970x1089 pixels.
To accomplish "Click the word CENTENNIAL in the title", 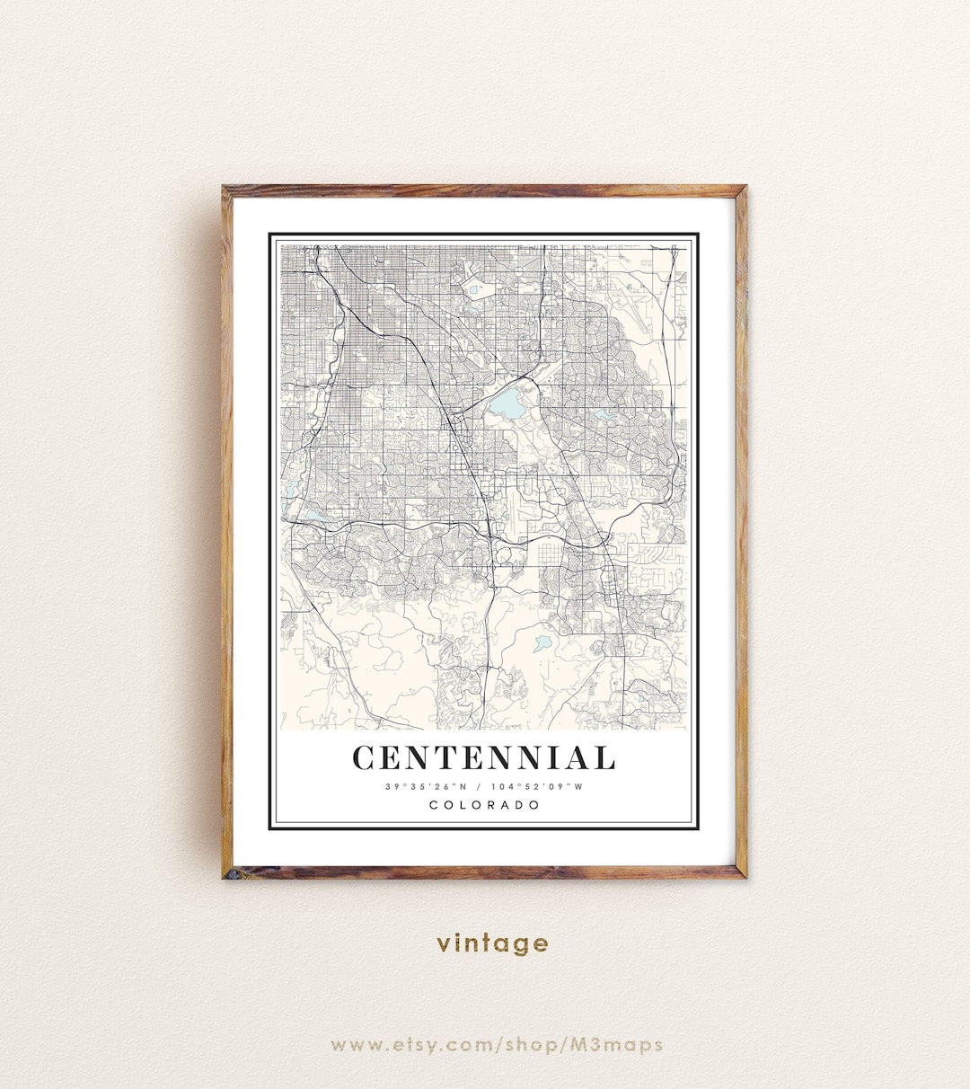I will click(484, 758).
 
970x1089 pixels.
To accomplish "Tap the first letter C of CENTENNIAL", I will click(363, 758).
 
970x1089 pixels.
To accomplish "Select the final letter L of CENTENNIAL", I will click(604, 758).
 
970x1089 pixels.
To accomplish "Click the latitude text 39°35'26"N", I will click(427, 787).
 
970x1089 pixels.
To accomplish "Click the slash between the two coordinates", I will click(483, 787).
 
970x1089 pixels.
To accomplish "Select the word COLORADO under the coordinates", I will click(485, 805).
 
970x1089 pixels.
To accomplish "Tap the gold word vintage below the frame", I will click(492, 943).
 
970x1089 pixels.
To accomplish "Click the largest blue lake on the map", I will click(508, 405).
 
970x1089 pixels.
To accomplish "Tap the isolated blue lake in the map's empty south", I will click(542, 643).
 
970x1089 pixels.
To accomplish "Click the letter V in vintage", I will click(444, 944).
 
